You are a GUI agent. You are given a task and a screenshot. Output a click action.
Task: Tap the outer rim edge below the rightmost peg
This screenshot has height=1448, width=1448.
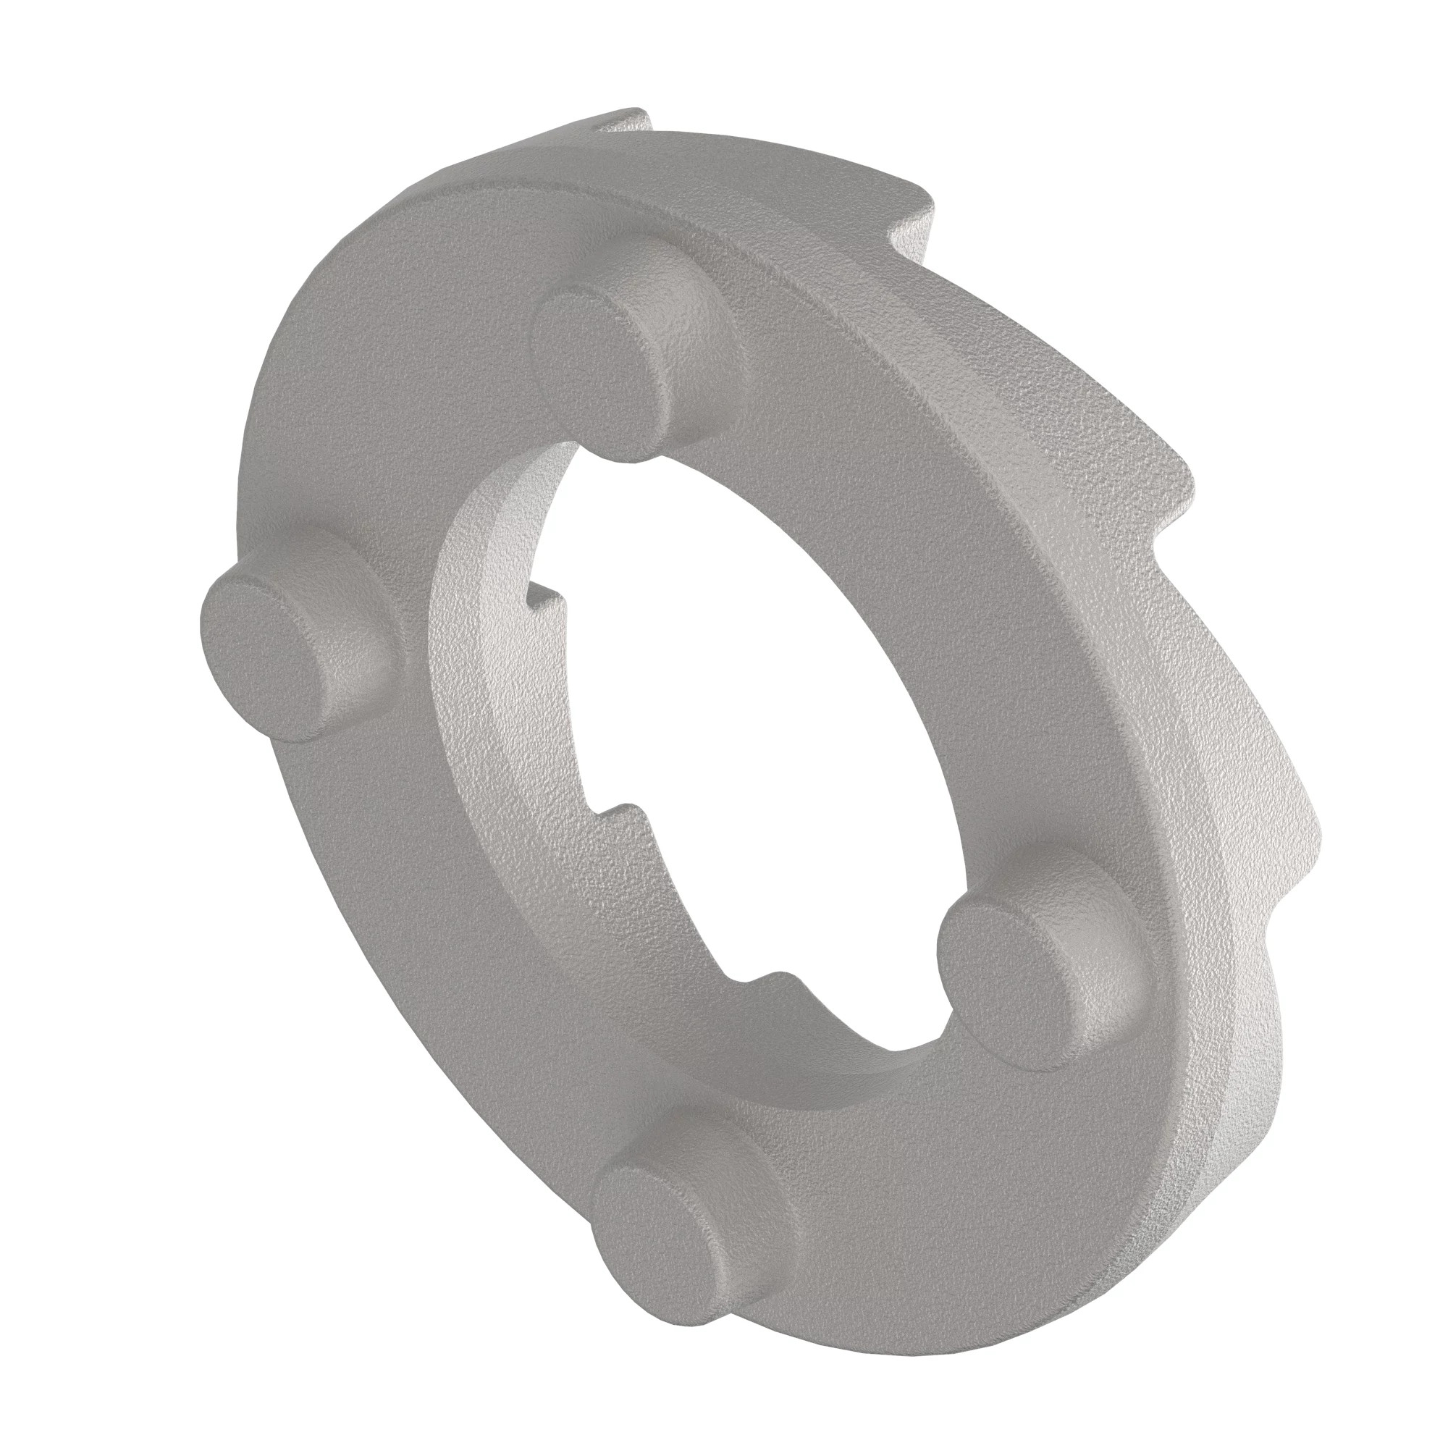[x=1169, y=1169]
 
